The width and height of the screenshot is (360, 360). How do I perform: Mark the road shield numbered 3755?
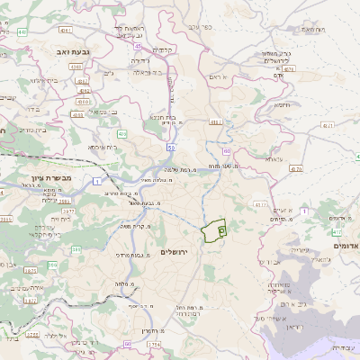click(x=31, y=333)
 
